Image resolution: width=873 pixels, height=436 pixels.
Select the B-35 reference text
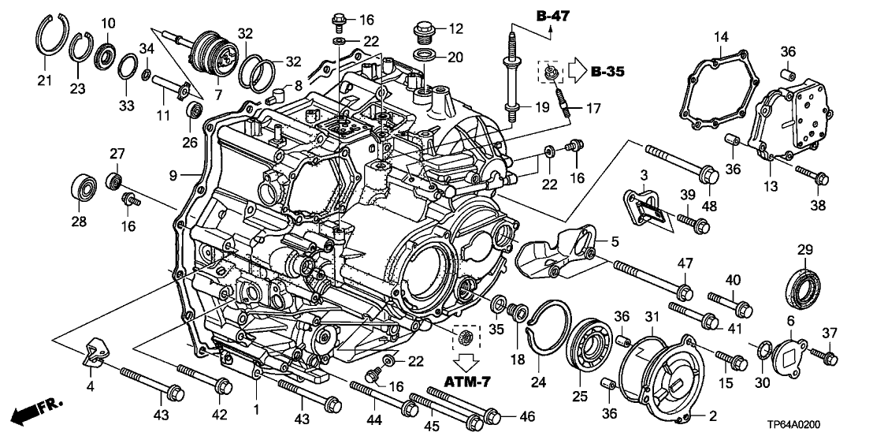[607, 73]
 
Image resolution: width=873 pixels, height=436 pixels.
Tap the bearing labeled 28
[80, 188]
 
